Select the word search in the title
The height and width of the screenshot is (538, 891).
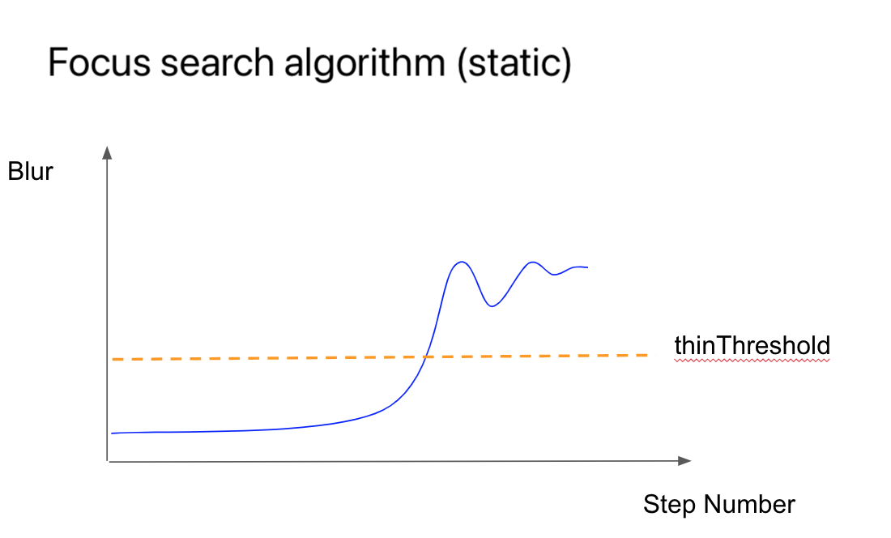point(217,62)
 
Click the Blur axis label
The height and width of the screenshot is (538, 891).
point(30,172)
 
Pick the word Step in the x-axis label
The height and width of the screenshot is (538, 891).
point(669,505)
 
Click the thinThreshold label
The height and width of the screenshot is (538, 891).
point(752,345)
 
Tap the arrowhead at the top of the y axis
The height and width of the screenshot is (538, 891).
point(107,152)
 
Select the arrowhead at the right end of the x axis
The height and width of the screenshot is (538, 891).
point(684,461)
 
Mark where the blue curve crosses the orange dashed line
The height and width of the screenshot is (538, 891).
point(425,357)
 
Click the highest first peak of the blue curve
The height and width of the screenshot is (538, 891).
point(462,262)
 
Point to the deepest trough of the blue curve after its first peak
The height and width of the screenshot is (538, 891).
point(492,306)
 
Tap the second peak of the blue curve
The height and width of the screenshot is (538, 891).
point(532,262)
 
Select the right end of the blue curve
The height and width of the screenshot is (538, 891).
point(587,267)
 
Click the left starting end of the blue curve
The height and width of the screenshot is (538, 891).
point(112,433)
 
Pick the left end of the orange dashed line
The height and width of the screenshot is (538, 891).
point(113,359)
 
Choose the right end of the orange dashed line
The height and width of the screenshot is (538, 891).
point(648,355)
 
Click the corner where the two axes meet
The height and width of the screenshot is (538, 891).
point(108,461)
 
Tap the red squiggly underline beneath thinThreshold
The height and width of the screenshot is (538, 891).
point(752,360)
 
